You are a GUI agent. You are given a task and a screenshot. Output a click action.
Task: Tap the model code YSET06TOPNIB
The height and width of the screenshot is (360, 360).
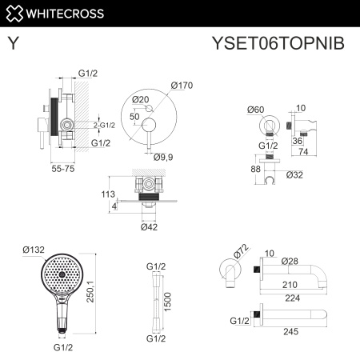tap(284, 43)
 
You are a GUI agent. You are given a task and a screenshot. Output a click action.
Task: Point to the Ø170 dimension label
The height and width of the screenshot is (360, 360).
tap(182, 86)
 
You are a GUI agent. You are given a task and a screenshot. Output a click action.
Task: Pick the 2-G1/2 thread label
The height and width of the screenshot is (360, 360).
tap(104, 125)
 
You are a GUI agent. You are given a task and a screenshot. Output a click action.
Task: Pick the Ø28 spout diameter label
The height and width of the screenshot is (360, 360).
tap(290, 261)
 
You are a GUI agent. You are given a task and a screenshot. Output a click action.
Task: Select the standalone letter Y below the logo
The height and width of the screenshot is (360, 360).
tap(14, 43)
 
